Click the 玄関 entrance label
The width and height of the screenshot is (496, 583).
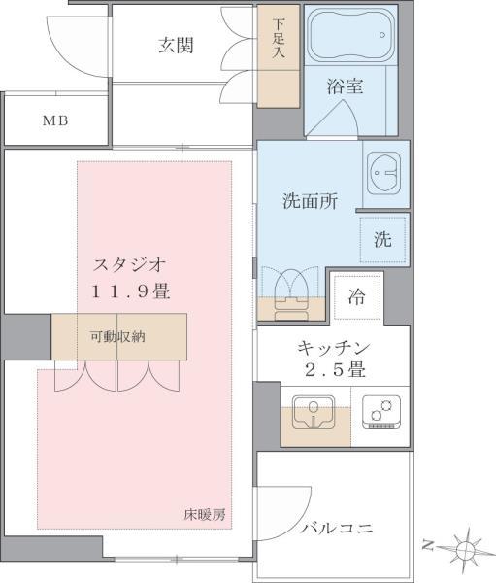coord(178,44)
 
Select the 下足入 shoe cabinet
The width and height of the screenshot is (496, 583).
coord(279,56)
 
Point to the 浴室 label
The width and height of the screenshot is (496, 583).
coord(345,86)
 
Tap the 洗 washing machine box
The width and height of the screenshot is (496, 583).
coord(383,239)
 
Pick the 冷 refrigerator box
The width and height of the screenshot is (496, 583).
coord(357,297)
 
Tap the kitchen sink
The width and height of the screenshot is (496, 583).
coord(313,413)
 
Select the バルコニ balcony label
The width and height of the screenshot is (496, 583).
coord(336,529)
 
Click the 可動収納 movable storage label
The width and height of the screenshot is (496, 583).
coord(118,337)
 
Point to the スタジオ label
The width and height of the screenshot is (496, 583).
coord(129,263)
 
